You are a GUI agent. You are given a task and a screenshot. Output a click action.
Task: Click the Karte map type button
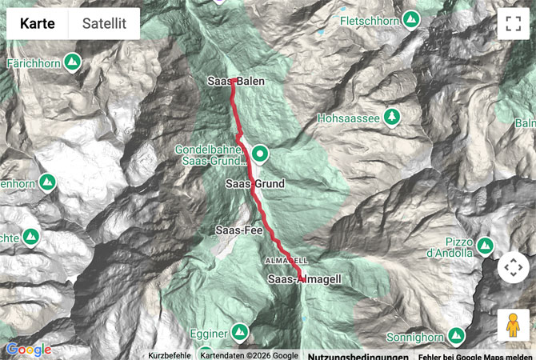click(x=38, y=24)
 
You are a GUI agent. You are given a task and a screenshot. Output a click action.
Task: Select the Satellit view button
click(x=104, y=24)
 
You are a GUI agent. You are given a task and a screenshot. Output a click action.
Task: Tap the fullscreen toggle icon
click(x=513, y=23)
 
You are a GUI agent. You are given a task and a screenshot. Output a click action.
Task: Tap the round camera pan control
click(x=513, y=267)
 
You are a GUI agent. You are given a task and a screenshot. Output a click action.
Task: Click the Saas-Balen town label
click(x=235, y=81)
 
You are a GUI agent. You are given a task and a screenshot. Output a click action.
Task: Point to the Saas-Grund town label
click(x=255, y=184)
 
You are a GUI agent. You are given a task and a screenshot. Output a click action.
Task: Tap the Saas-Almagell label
click(x=305, y=279)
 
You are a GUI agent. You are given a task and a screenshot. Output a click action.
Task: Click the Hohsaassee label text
click(x=348, y=118)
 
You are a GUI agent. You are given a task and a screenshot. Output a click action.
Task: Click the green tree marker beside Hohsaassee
click(x=391, y=118)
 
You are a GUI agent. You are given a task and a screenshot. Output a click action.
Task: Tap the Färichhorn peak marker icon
click(x=72, y=61)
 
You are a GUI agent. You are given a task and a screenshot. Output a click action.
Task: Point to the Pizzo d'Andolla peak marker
click(x=485, y=243)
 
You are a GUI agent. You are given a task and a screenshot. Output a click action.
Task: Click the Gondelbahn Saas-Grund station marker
click(x=260, y=154)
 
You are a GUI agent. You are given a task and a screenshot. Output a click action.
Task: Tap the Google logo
click(x=29, y=350)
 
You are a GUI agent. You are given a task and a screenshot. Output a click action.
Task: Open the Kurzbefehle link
click(x=170, y=355)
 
